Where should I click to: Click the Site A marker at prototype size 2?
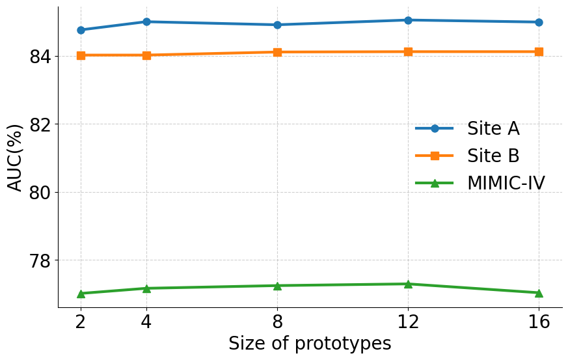tap(81, 30)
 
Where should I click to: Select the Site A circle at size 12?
tap(408, 20)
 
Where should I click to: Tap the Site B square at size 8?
tap(277, 52)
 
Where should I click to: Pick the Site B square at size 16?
tap(539, 51)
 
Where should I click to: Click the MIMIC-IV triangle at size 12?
tap(408, 284)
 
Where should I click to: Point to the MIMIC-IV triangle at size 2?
tap(81, 294)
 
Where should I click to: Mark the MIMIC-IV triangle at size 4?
tap(146, 288)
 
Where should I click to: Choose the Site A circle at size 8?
tap(277, 25)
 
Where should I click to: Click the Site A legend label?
tap(493, 128)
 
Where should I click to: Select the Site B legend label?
tap(493, 156)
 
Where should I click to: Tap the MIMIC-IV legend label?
tap(506, 183)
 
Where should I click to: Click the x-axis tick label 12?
tap(408, 322)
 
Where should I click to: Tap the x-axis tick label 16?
tap(539, 322)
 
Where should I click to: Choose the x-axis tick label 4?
tap(146, 322)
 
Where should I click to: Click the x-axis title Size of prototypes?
tap(310, 344)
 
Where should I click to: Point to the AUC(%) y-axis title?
tap(16, 157)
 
